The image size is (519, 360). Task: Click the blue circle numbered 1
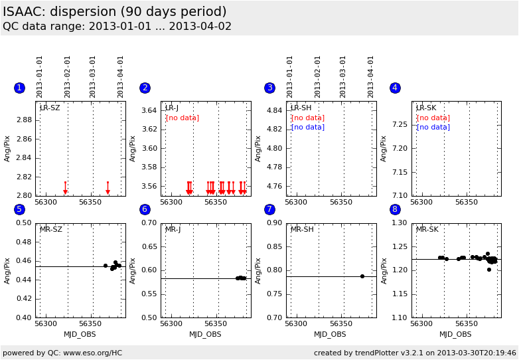(x=19, y=88)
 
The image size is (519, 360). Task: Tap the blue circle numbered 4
(x=395, y=88)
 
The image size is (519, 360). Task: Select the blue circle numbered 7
(x=269, y=209)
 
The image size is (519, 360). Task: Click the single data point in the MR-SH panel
(x=362, y=276)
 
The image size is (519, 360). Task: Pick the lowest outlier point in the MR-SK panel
(x=489, y=270)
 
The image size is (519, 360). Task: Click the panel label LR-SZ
(x=50, y=108)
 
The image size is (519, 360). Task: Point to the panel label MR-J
(x=173, y=229)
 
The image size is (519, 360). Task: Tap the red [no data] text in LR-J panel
(x=183, y=118)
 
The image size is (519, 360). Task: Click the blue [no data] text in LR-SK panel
(x=433, y=127)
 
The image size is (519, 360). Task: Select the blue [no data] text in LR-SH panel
(x=308, y=127)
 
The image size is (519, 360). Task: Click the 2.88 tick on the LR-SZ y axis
(x=24, y=120)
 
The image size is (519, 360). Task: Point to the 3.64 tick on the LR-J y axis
(x=149, y=110)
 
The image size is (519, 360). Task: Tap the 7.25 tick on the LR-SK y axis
(x=400, y=124)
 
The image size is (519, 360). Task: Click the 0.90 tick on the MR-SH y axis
(x=275, y=223)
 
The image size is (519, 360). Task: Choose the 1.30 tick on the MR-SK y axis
(x=400, y=223)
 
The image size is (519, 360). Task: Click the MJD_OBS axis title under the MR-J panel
(x=205, y=335)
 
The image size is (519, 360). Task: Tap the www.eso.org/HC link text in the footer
(x=93, y=353)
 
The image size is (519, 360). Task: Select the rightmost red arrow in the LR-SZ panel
(x=108, y=188)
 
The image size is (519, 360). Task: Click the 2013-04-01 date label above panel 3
(x=370, y=77)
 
